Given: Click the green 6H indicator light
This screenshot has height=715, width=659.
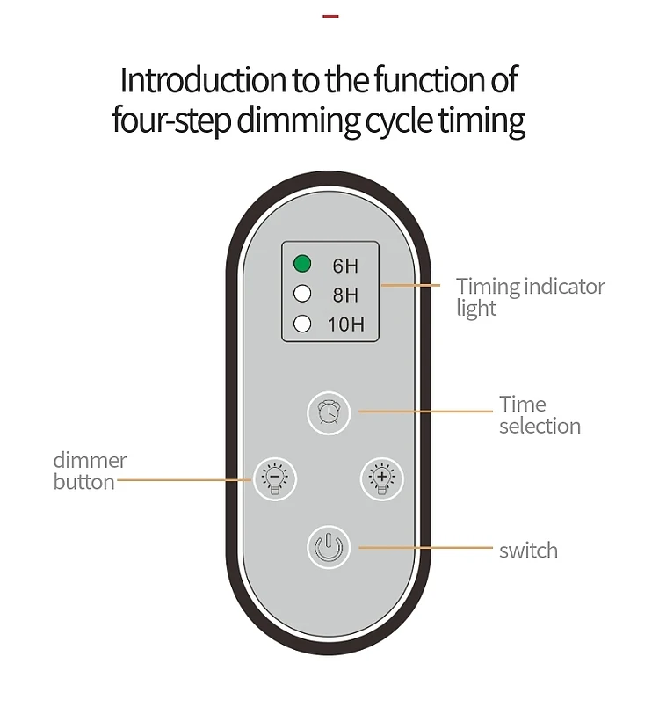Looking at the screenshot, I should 302,263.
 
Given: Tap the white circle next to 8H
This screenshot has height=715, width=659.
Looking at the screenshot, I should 302,294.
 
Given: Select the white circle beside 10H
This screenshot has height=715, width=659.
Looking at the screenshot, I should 302,323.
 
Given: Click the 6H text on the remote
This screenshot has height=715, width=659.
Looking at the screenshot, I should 344,266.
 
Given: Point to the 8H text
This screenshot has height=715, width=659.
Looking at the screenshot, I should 344,295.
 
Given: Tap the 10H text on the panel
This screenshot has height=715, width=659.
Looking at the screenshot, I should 345,325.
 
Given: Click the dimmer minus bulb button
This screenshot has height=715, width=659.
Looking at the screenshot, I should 275,478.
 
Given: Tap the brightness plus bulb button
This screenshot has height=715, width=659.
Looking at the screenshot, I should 381,478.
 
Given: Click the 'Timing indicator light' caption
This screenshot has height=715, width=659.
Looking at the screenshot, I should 530,297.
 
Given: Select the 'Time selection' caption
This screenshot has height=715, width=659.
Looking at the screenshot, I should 540,415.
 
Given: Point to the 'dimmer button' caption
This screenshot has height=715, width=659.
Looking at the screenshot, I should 90,471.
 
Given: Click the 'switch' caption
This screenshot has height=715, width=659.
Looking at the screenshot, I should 528,551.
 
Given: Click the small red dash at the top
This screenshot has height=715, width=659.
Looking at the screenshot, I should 330,16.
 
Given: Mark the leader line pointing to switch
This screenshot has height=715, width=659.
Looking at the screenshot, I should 426,548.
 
